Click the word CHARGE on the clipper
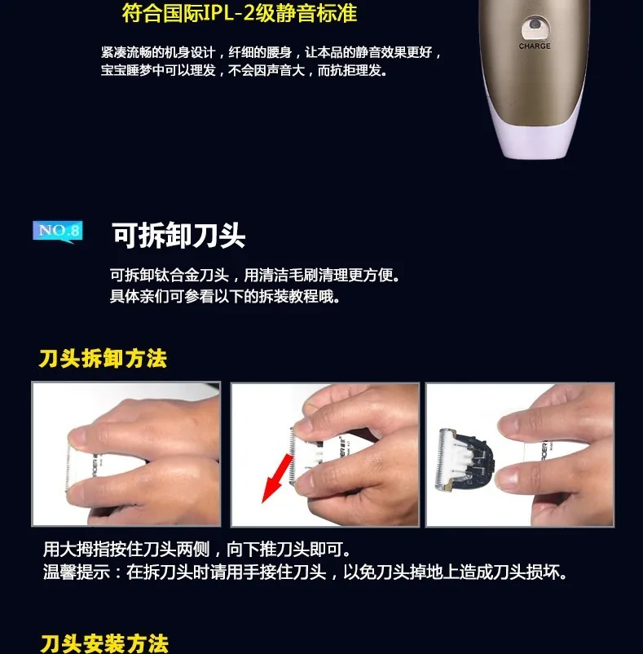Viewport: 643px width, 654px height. (x=535, y=46)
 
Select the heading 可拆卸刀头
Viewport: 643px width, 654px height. (x=178, y=236)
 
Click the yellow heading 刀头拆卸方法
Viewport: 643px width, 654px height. (x=103, y=359)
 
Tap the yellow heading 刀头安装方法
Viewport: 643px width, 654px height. (x=104, y=643)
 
